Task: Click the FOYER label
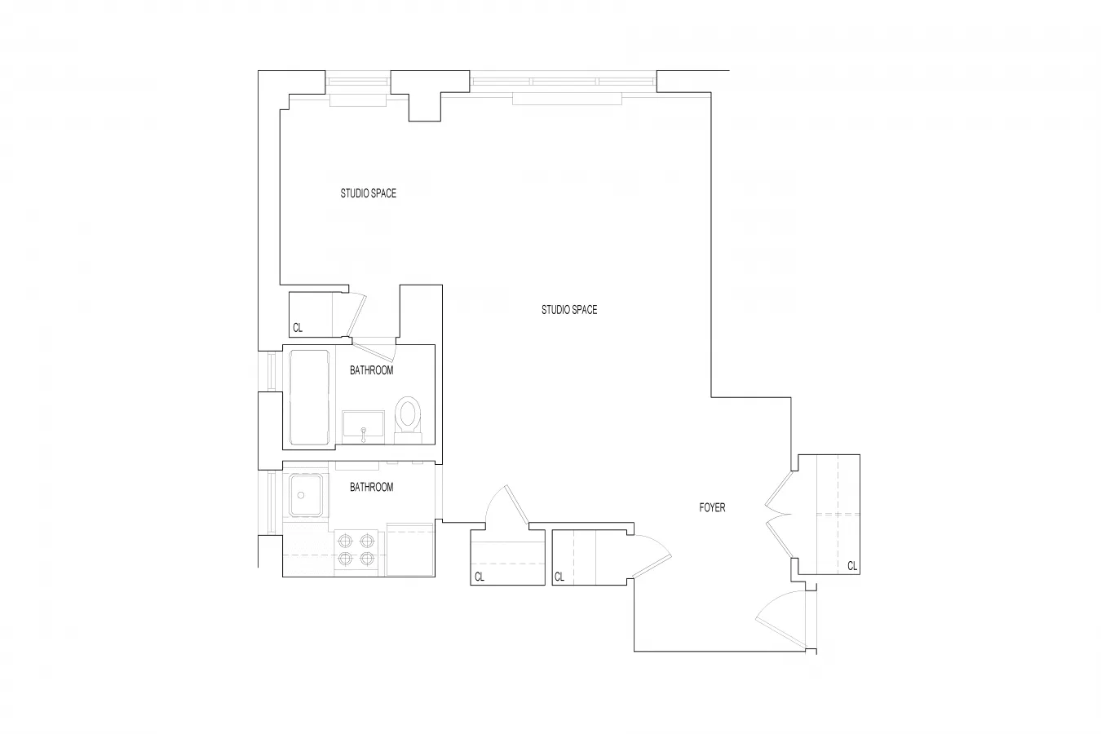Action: click(712, 507)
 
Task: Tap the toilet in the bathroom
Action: click(406, 417)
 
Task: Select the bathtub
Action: click(309, 397)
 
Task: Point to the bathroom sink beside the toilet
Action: click(364, 427)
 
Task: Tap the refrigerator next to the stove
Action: click(410, 550)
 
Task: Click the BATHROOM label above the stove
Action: click(371, 487)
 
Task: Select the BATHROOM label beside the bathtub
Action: click(371, 370)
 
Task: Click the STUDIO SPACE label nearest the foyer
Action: click(568, 310)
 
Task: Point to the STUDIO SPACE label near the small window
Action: click(368, 193)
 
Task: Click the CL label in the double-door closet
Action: click(851, 565)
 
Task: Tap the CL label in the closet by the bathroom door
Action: click(298, 328)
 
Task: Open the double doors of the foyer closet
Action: click(777, 515)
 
